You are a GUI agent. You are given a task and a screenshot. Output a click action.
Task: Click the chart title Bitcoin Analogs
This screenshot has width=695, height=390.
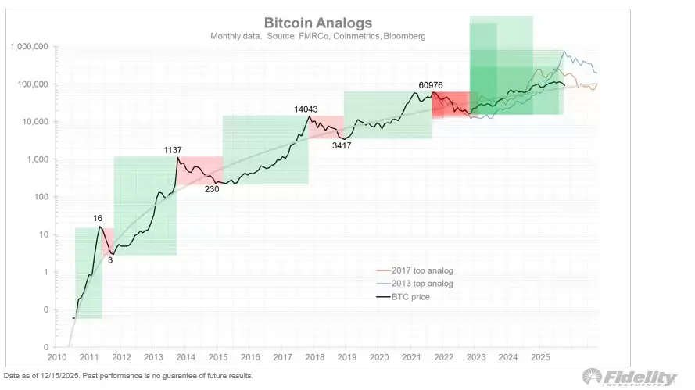317,23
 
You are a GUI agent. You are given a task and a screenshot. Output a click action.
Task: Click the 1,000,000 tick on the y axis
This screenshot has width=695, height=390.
29,47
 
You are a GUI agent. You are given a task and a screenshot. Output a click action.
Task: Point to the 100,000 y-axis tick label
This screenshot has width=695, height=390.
32,84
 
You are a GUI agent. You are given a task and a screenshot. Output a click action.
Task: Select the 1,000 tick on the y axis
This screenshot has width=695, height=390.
38,159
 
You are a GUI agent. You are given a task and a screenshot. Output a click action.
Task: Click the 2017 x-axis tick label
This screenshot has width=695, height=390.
281,357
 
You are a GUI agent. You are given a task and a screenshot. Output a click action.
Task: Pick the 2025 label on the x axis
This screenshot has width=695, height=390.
539,357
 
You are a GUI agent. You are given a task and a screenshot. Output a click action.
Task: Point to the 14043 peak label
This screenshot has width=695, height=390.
307,109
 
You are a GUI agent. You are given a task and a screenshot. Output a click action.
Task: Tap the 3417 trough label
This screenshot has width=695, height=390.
342,145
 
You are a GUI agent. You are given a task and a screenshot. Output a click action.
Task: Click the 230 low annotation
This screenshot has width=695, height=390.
211,188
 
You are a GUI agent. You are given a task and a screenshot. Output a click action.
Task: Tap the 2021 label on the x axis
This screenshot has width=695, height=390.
410,357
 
